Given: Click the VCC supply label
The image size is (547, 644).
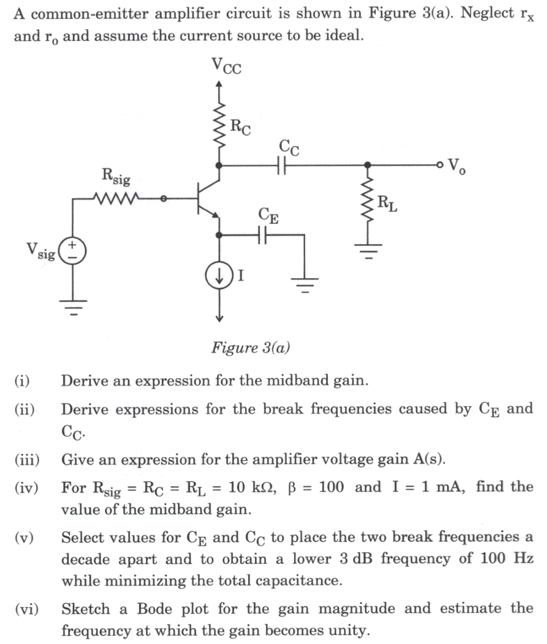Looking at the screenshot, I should (227, 67).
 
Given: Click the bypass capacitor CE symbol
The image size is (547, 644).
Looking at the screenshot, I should (262, 236).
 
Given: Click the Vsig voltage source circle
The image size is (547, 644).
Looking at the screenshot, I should (72, 251).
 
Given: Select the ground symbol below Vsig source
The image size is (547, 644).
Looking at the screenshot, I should (72, 306).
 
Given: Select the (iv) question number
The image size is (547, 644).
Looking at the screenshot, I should (27, 487).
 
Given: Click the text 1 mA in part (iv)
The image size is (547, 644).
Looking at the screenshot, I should (444, 487).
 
